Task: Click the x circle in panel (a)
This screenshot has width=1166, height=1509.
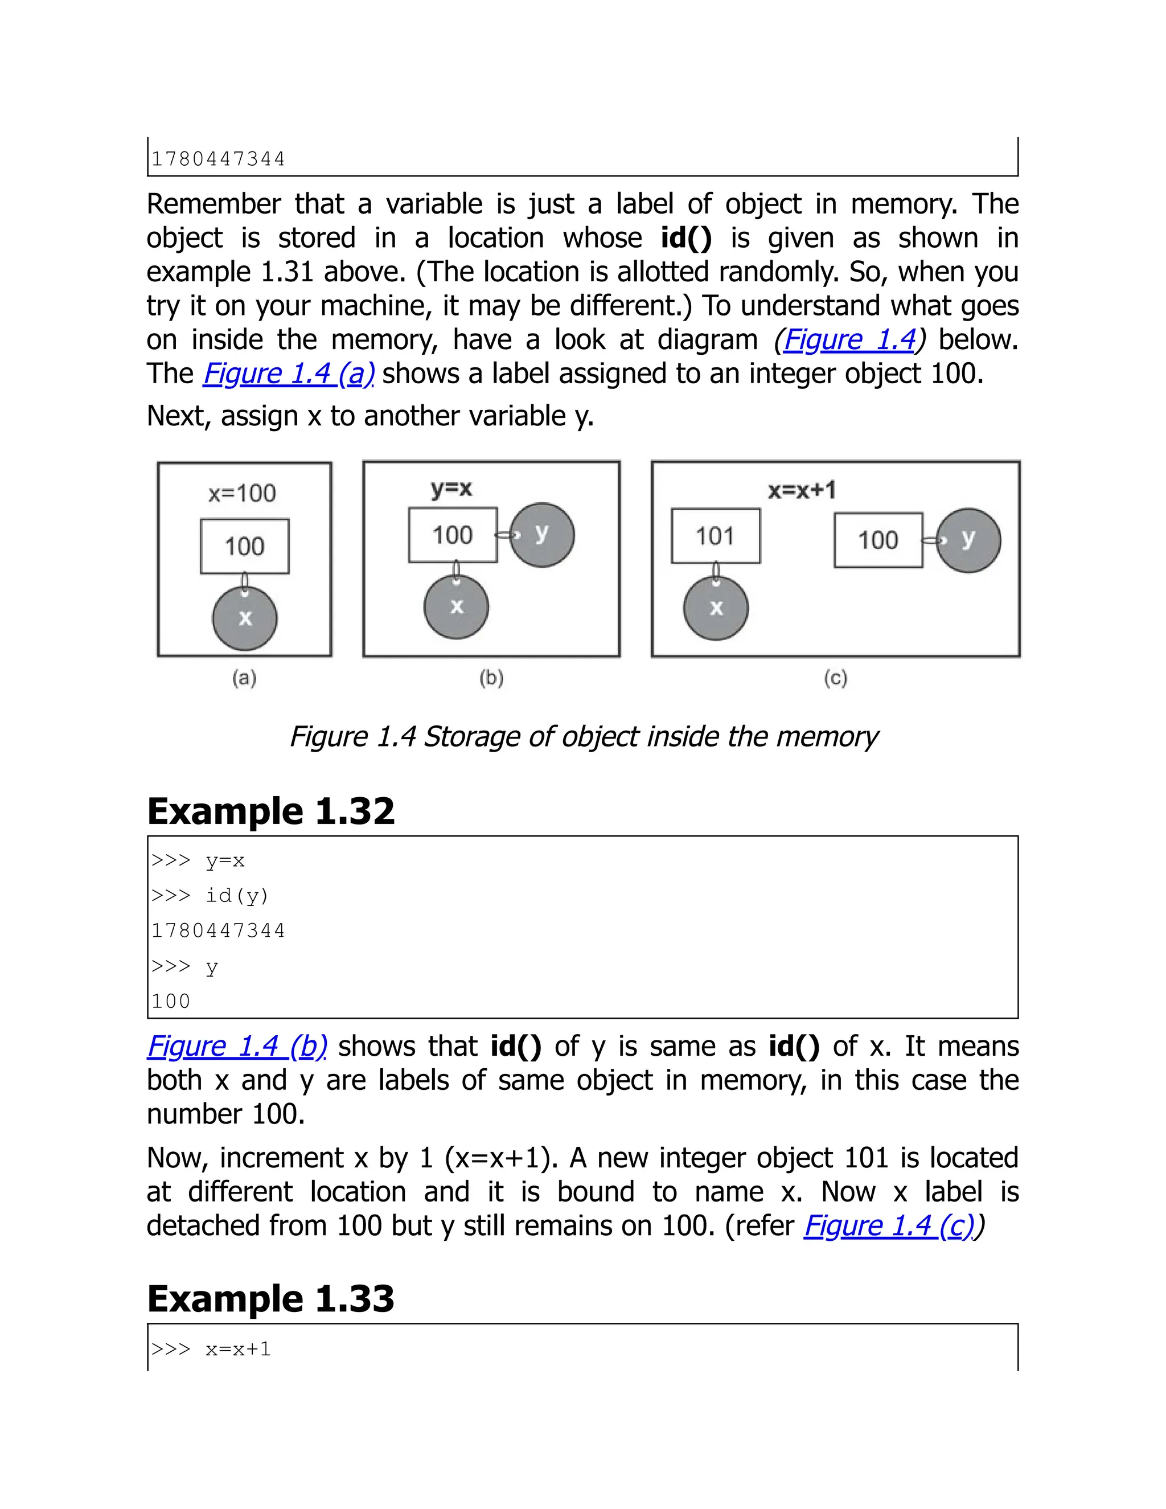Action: coord(244,618)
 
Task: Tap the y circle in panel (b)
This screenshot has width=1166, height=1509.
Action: coord(541,535)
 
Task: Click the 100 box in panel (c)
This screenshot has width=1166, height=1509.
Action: coord(878,540)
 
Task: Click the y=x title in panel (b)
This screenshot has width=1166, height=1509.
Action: coord(451,489)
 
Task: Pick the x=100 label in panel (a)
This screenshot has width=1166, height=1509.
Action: coord(242,493)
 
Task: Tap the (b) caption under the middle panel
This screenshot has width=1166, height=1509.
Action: coord(491,679)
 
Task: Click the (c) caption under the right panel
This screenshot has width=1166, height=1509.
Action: coord(835,679)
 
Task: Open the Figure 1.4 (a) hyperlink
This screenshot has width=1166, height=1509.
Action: coord(289,374)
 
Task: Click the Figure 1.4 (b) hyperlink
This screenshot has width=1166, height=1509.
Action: coord(237,1046)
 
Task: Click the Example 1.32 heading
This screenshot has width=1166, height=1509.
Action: coord(271,811)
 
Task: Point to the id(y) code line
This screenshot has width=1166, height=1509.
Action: coord(236,896)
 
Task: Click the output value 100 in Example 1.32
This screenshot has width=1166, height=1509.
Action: coord(171,1001)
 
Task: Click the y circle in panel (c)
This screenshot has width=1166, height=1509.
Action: coord(968,540)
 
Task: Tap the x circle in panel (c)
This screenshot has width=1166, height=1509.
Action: coord(716,608)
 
